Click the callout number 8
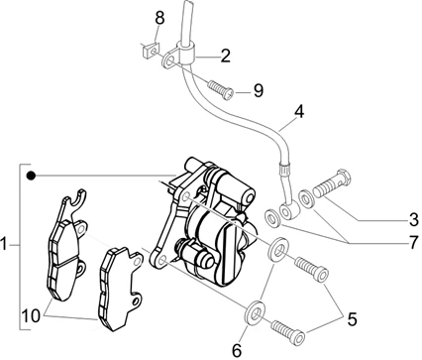click(x=159, y=18)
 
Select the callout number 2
click(x=226, y=56)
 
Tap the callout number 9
click(x=259, y=90)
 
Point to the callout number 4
click(x=299, y=112)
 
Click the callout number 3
click(x=413, y=220)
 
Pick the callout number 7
click(x=413, y=243)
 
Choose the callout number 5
click(x=352, y=319)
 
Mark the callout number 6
click(x=237, y=350)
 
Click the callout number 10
click(x=31, y=316)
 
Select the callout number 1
click(x=4, y=245)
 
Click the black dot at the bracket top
click(x=31, y=176)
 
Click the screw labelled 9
click(x=221, y=89)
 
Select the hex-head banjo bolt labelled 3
click(x=331, y=183)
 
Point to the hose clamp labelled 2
click(x=180, y=56)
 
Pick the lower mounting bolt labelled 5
click(x=288, y=332)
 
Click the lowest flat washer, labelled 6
click(x=256, y=312)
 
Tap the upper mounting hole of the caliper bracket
click(x=185, y=197)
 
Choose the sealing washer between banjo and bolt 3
click(x=306, y=198)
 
